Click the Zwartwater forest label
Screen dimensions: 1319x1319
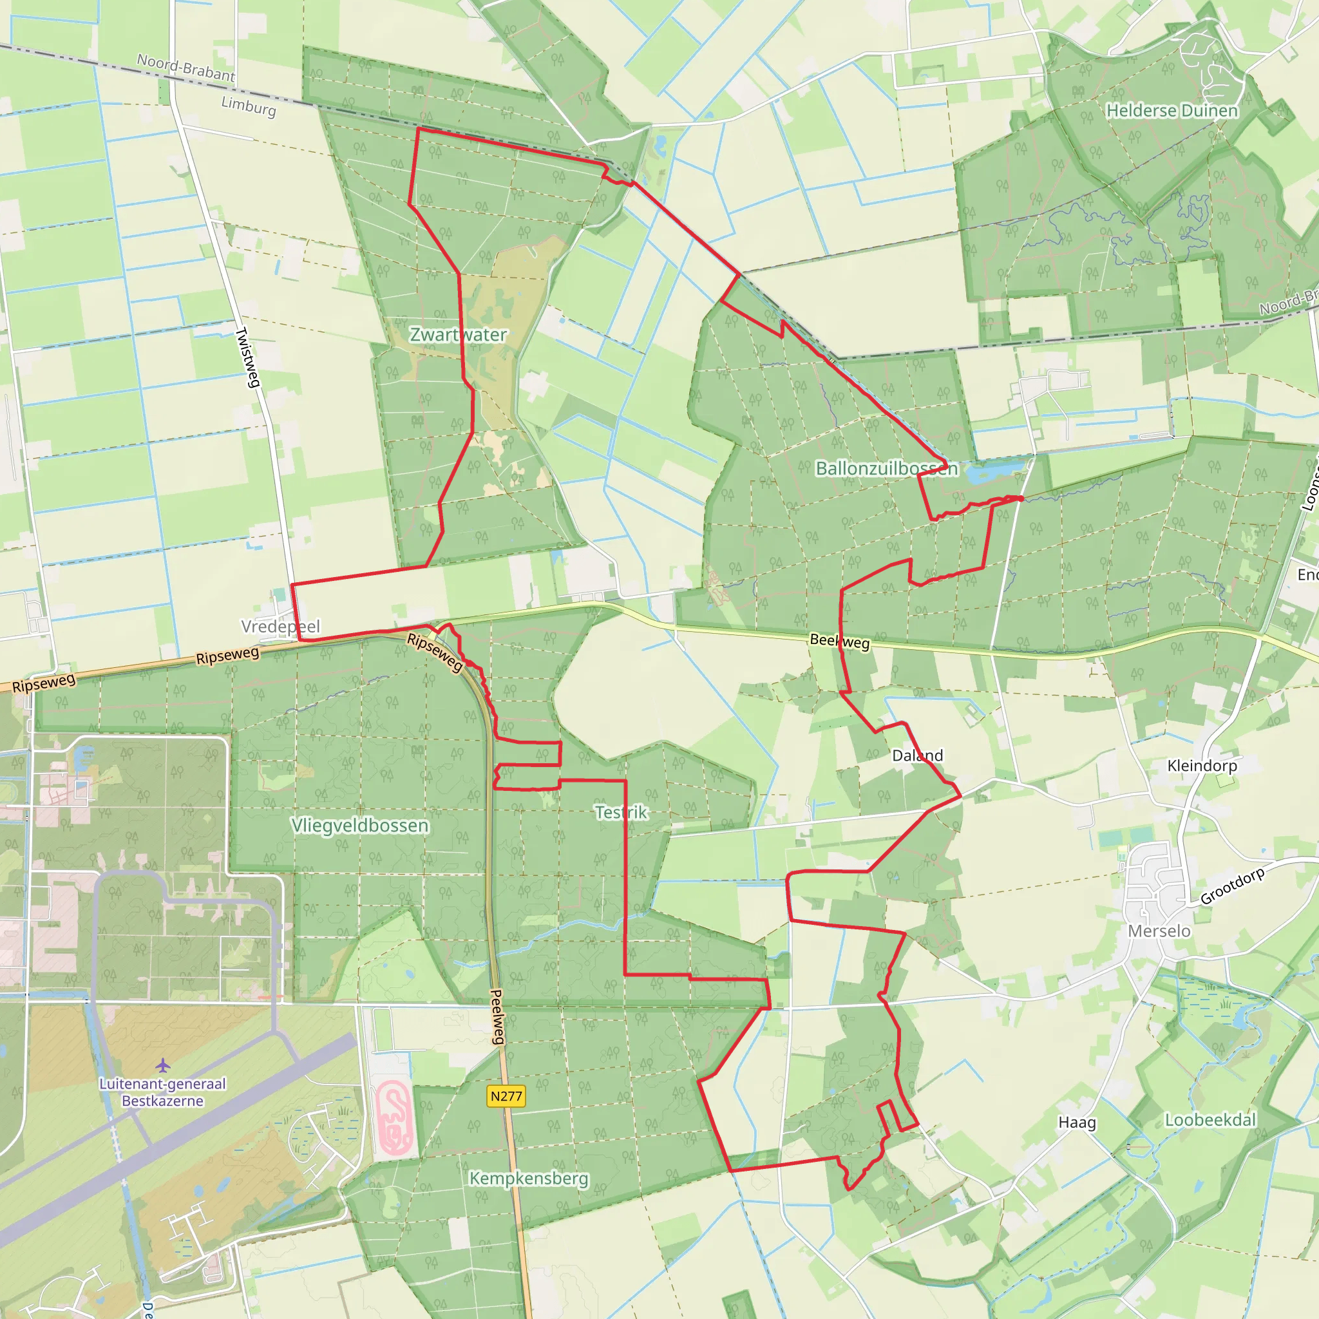[458, 334]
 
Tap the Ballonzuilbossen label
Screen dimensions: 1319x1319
[886, 468]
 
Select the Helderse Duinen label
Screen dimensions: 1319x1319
[1172, 111]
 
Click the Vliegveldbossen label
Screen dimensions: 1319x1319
[360, 826]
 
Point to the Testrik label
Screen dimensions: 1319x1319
[621, 812]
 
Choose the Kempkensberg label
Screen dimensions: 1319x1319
[528, 1179]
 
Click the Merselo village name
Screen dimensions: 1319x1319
[1159, 931]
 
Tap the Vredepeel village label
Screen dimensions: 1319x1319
[281, 627]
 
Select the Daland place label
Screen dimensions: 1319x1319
[918, 755]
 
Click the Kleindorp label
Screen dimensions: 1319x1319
[1202, 766]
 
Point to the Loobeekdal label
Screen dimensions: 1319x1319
[1210, 1119]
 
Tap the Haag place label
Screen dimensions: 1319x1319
[1077, 1123]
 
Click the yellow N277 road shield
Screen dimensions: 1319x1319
[506, 1096]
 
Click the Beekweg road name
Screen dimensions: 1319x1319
[839, 641]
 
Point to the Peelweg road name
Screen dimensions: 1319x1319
[498, 1016]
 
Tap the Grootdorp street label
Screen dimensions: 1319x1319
[1232, 886]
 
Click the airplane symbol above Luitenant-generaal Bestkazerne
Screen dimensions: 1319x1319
[162, 1065]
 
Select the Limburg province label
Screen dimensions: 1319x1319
[249, 106]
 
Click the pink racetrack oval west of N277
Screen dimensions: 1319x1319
[394, 1116]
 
